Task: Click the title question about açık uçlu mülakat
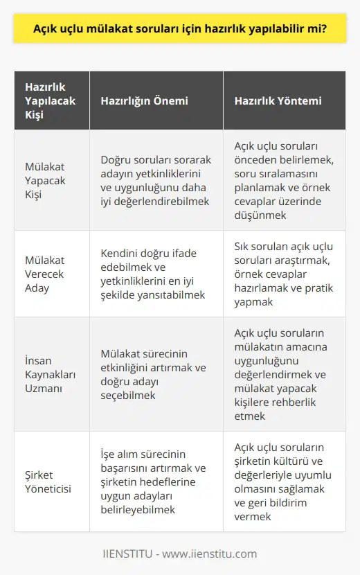coord(180,30)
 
